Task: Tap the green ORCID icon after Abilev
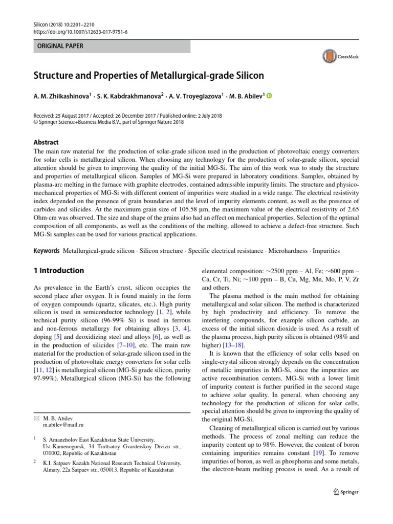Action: [x=269, y=96]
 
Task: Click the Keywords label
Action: [x=47, y=251]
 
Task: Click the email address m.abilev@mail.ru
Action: [x=63, y=425]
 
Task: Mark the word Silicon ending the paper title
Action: [x=248, y=76]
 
